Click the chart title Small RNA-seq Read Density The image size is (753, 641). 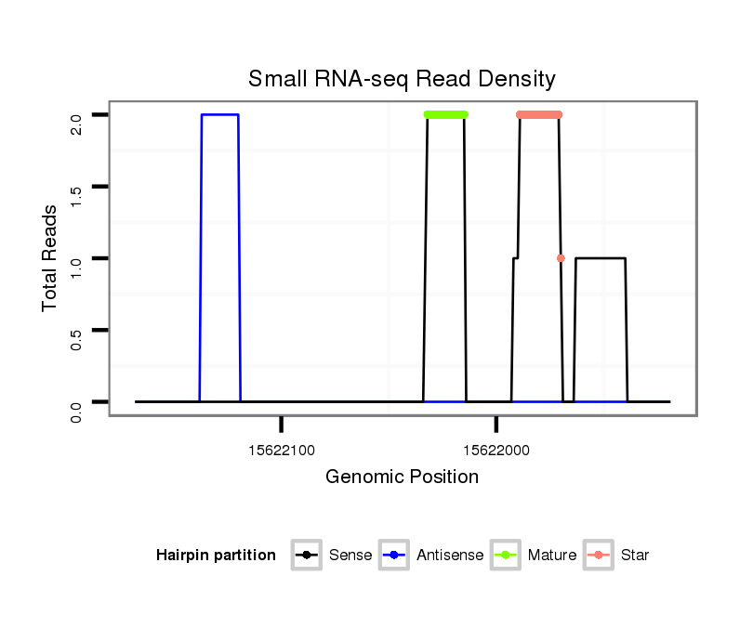coord(402,79)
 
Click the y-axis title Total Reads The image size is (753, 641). coord(50,257)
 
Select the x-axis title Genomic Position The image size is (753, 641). coord(402,477)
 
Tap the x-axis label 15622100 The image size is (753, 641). coord(282,451)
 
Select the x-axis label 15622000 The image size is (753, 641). coord(495,451)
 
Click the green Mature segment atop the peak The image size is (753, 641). coord(445,114)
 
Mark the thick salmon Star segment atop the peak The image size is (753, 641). coord(539,114)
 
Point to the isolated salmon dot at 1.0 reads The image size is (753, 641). coord(561,258)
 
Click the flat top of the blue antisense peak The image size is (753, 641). coord(219,114)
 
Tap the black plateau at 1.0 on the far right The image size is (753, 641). coord(601,258)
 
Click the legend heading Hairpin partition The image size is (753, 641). coord(216,556)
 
